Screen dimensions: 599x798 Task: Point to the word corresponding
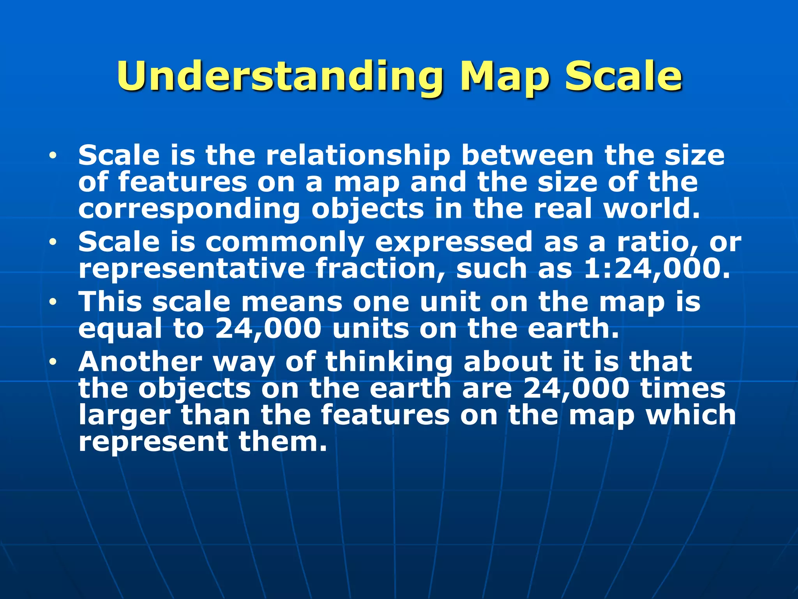point(189,209)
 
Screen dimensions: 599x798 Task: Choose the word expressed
point(454,242)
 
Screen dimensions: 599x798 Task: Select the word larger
point(124,416)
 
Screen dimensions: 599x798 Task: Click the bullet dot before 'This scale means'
point(53,302)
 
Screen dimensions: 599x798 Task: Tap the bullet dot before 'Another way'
point(53,362)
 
